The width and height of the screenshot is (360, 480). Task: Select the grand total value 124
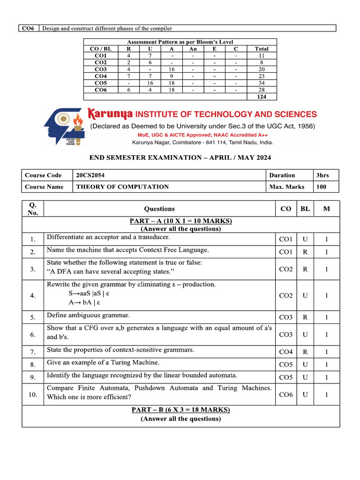[x=262, y=97]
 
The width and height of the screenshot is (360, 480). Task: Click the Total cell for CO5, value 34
[x=262, y=82]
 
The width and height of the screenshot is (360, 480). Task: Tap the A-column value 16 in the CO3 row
[x=172, y=69]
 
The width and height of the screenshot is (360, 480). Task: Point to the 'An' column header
[x=193, y=49]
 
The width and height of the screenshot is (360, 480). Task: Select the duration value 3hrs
[x=322, y=175]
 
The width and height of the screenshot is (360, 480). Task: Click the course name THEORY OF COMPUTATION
[x=122, y=187]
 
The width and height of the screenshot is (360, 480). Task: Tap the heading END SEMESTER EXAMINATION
[x=180, y=158]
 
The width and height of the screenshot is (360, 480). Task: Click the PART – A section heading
[x=180, y=221]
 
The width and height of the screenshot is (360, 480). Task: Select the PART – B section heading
[x=180, y=410]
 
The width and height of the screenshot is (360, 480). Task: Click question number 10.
[x=33, y=395]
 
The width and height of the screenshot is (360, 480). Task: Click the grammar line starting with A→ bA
[x=89, y=302]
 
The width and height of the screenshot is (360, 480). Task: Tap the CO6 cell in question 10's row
[x=285, y=395]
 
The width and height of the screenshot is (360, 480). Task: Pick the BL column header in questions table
[x=305, y=209]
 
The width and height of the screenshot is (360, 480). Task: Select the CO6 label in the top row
[x=29, y=29]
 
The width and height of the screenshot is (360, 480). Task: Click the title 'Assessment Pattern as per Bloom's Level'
[x=180, y=42]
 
